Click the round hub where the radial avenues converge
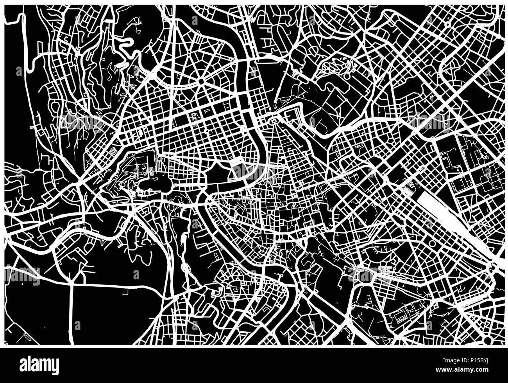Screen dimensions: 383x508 pyautogui.click(x=201, y=82)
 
